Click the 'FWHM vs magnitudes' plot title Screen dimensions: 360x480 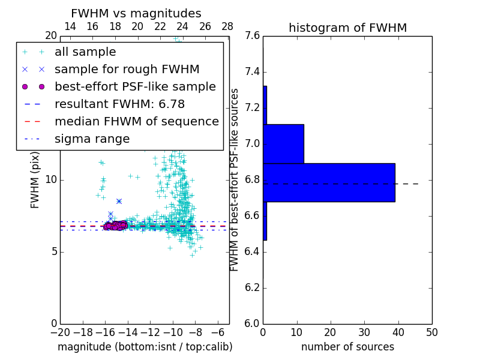(136, 13)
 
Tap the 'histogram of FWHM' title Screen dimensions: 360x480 (347, 28)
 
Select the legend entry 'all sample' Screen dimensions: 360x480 (85, 52)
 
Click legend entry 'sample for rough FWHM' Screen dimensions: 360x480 (127, 70)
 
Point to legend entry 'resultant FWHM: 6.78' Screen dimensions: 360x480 (119, 104)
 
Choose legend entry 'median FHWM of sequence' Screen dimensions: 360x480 (136, 122)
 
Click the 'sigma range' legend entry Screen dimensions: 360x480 (92, 139)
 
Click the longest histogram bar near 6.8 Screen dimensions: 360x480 (329, 182)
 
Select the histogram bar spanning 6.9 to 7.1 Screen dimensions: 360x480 (283, 143)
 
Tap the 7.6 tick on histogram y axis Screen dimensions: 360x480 (253, 36)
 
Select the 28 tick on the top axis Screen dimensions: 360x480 (227, 26)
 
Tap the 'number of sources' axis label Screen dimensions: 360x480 (347, 347)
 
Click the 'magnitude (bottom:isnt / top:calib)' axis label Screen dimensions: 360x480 (145, 347)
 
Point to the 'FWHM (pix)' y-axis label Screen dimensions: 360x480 (35, 179)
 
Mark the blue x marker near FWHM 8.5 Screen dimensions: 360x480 (119, 201)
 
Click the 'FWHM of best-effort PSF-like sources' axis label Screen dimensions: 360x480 (235, 179)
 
